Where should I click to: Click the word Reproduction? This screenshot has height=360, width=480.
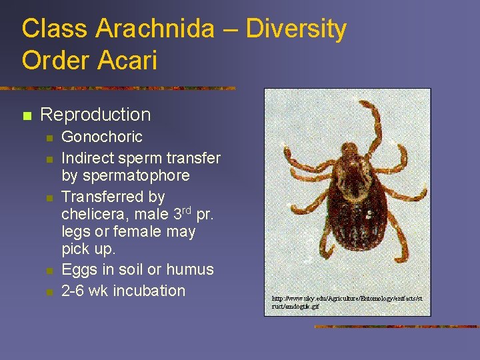(95, 115)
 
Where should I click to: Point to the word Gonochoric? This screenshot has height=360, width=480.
(102, 137)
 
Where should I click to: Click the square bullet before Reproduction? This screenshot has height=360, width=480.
(27, 116)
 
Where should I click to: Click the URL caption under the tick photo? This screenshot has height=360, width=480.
(347, 302)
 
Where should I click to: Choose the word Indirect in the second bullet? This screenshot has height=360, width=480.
(85, 158)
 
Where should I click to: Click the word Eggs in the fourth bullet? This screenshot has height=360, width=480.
(77, 270)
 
